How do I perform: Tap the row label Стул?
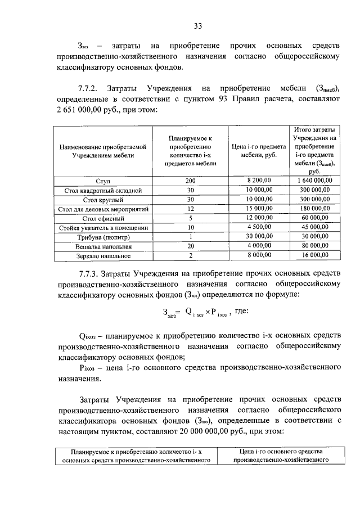(102, 181)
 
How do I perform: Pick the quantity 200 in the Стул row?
(190, 181)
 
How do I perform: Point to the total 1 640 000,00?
(314, 181)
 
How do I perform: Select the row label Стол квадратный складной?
(102, 191)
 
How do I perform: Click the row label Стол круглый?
(102, 200)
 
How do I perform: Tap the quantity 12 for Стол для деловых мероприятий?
(190, 209)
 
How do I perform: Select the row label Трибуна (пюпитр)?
(102, 237)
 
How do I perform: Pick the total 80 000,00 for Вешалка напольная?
(314, 246)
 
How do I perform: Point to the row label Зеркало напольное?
(102, 256)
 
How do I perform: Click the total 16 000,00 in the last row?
(314, 256)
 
